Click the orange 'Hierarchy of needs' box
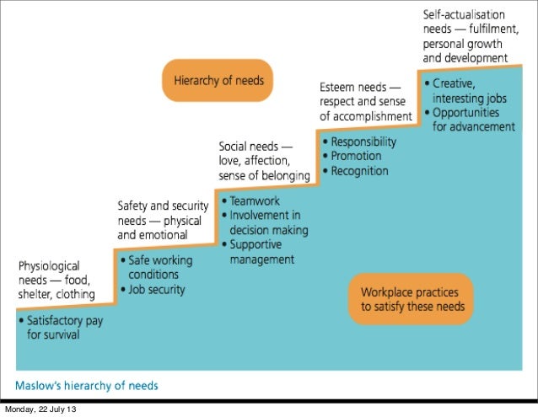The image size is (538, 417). coord(218,81)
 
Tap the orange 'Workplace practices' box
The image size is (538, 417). coord(412,298)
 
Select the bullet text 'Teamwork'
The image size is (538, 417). coord(256,202)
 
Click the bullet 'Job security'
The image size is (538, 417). coord(156,289)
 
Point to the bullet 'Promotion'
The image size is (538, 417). coord(355,156)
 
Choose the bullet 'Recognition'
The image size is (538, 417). coord(358,170)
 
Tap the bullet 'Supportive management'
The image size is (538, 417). coord(261,252)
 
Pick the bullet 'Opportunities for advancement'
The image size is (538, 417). coord(472,120)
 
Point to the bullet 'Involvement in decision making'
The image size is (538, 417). coord(265,223)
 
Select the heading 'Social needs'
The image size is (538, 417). coord(256,145)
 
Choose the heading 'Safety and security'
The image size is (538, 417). coord(159,206)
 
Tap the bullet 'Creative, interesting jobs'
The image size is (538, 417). coord(468,91)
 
